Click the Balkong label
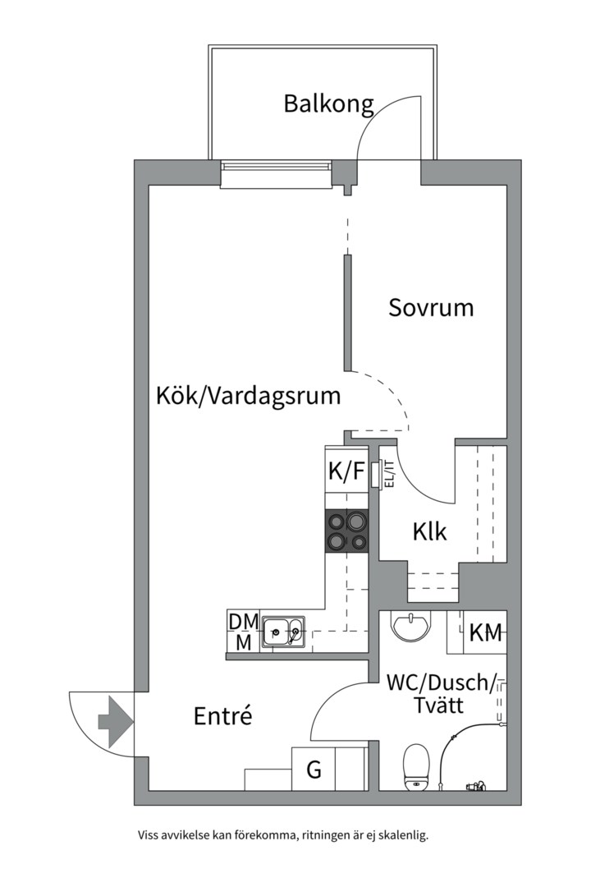pos(328,104)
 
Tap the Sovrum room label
pos(431,308)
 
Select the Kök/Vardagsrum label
pos(248,397)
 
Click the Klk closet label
pos(430,531)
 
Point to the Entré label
pos(222,715)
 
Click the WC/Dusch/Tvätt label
pos(441,694)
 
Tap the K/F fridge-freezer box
pos(346,472)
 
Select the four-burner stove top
pos(346,531)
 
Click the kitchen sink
pos(283,633)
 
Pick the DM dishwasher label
pos(243,622)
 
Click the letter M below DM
pos(243,642)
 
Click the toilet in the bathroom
pos(417,768)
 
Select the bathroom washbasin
pos(410,627)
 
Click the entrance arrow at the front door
pos(114,721)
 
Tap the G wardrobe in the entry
pos(314,770)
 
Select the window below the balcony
pos(277,175)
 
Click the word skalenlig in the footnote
pos(401,835)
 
